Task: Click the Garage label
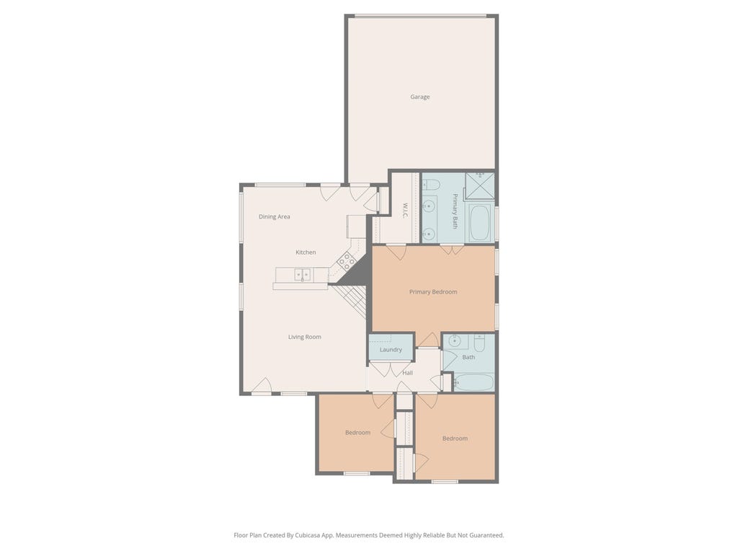(420, 97)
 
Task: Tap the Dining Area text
(275, 216)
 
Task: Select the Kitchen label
(306, 252)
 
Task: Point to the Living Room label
(305, 337)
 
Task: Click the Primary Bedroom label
(433, 292)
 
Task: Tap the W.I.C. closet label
(404, 210)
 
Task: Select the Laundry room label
(391, 350)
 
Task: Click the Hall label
(408, 373)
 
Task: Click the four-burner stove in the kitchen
(347, 261)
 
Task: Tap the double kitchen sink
(302, 274)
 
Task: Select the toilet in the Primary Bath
(431, 185)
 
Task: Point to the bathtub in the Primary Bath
(479, 222)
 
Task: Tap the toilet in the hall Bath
(479, 344)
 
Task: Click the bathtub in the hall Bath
(474, 382)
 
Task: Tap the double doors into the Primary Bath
(452, 250)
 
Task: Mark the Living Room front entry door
(262, 385)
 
